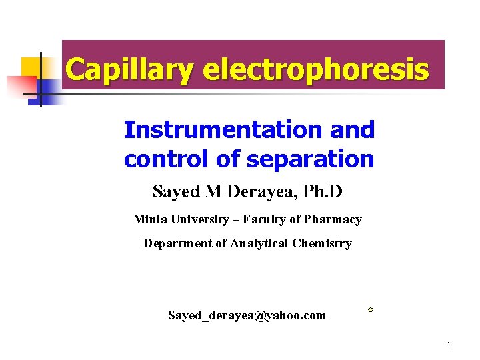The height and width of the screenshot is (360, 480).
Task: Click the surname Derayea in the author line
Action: (x=257, y=192)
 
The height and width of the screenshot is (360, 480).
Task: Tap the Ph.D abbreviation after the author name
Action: (x=324, y=192)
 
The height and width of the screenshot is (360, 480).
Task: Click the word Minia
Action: (x=149, y=219)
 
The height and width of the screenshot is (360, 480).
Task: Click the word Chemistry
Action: (x=321, y=243)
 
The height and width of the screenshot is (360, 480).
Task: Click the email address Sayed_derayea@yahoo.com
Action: (x=247, y=315)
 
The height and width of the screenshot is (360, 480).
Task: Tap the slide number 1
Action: (x=449, y=345)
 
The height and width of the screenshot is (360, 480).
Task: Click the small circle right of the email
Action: (x=370, y=310)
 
